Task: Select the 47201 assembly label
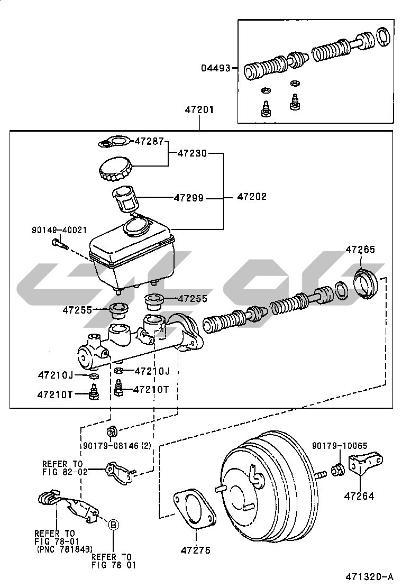pos(199,111)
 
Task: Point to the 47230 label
pos(192,154)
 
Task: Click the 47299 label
pos(189,198)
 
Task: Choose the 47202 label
pos(252,197)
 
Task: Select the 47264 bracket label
pos(359,496)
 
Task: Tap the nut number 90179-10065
pos(340,446)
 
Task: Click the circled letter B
pos(113,525)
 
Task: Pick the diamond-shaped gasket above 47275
pos(195,509)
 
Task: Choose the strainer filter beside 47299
pos(126,199)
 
